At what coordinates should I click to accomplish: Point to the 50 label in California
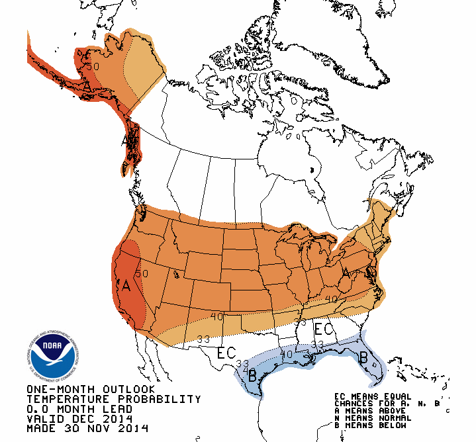point(141,273)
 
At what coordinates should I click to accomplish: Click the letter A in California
point(126,287)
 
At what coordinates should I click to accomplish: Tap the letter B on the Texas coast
point(252,378)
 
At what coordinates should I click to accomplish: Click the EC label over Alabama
point(322,328)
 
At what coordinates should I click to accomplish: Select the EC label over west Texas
point(226,353)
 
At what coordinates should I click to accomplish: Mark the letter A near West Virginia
point(345,273)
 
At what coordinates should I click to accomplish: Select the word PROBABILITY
point(165,400)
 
